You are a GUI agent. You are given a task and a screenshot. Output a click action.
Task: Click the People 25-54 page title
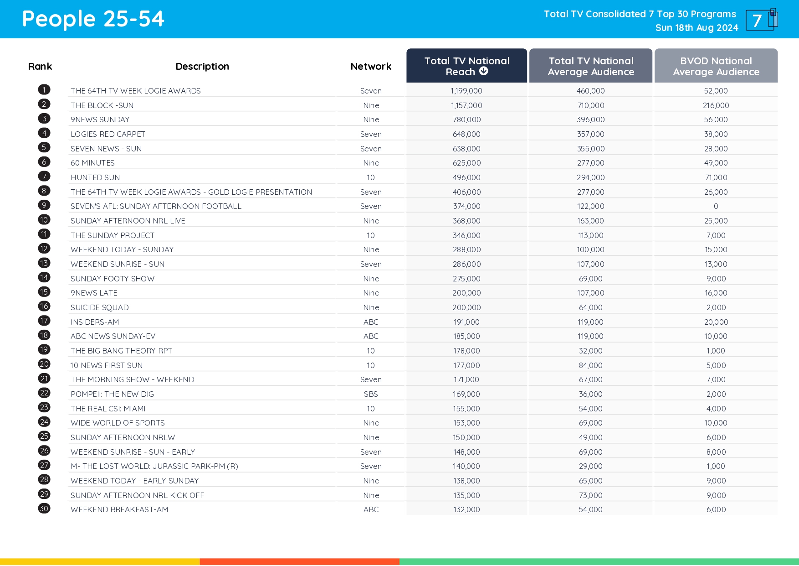coord(93,19)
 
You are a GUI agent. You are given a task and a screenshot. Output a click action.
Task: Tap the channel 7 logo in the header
coord(761,20)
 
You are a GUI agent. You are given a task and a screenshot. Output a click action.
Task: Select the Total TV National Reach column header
coord(466,66)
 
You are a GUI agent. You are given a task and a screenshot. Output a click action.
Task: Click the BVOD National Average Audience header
coord(716,66)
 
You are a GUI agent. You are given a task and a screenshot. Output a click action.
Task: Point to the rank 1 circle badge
coord(44,90)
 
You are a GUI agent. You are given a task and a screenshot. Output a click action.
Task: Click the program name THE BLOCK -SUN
coord(102,105)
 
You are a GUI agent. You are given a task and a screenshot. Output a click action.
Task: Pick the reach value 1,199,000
coord(466,91)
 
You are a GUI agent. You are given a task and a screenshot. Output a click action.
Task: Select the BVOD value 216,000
coord(716,105)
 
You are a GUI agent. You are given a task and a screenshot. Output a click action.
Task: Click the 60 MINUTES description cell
coord(92,163)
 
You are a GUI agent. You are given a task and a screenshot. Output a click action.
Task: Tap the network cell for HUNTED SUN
coord(371,177)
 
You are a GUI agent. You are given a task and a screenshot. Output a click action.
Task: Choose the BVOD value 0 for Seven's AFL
coord(716,206)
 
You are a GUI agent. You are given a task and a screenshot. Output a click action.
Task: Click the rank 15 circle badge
coord(44,292)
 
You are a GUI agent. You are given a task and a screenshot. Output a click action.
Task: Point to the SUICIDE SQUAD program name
coord(100,307)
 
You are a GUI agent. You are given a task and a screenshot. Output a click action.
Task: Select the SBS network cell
coord(371,394)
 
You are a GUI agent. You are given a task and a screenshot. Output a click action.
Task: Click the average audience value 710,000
coord(591,105)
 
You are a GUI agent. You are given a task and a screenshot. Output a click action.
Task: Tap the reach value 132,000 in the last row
coord(466,509)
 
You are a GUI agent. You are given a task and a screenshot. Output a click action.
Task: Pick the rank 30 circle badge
coord(44,509)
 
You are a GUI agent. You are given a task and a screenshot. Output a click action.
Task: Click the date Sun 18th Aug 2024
coord(697,28)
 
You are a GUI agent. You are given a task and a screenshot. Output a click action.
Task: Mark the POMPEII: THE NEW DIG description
coord(112,394)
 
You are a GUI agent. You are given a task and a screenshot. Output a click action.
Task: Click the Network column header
coord(371,67)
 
